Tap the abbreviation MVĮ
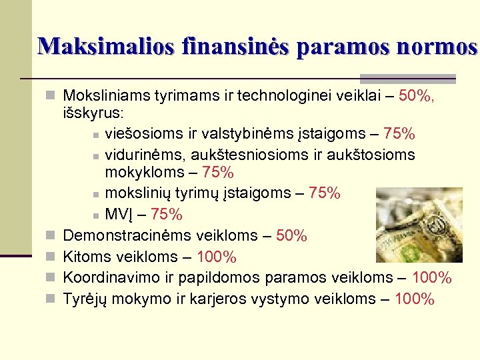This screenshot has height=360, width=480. click(x=119, y=215)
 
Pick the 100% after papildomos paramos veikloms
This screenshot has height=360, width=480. click(x=432, y=278)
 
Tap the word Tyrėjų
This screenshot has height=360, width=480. click(x=85, y=299)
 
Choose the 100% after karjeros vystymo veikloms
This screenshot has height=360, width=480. click(x=415, y=299)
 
